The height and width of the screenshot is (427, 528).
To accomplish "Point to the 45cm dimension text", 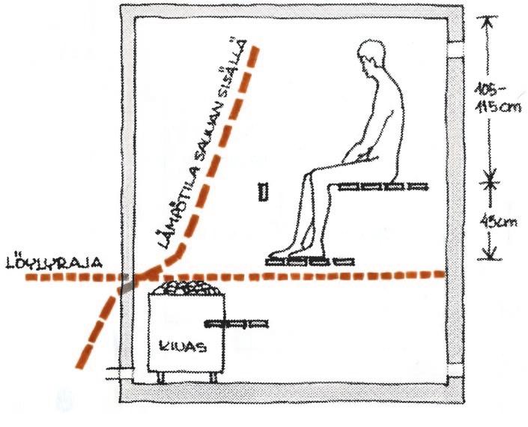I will (496, 222).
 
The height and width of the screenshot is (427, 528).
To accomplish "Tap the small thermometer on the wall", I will (261, 193).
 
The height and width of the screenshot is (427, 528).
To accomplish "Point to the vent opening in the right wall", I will (454, 52).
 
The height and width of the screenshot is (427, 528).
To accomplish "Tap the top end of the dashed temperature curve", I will (256, 49).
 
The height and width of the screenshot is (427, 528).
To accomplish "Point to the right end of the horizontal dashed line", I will (442, 274).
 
